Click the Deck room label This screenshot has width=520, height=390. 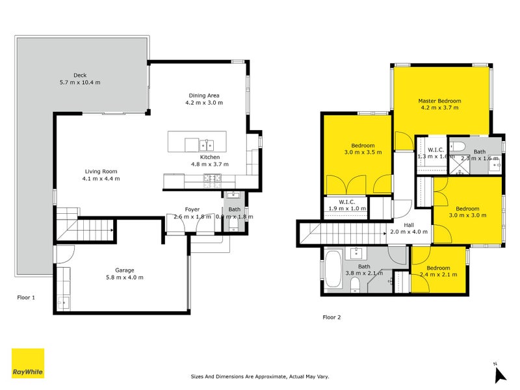pos(80,75)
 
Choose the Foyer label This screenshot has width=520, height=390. pos(192,209)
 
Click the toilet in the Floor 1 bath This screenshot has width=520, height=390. pos(233,225)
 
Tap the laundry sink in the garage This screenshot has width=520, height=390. pos(63,300)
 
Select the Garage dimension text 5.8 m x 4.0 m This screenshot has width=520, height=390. pos(124,278)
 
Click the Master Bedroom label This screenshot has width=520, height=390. pos(439,101)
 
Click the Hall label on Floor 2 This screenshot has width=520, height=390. pos(409,225)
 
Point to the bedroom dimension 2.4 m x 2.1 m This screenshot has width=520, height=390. pos(439,275)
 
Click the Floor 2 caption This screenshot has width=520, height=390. pos(331,318)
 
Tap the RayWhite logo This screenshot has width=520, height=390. pos(28,363)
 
